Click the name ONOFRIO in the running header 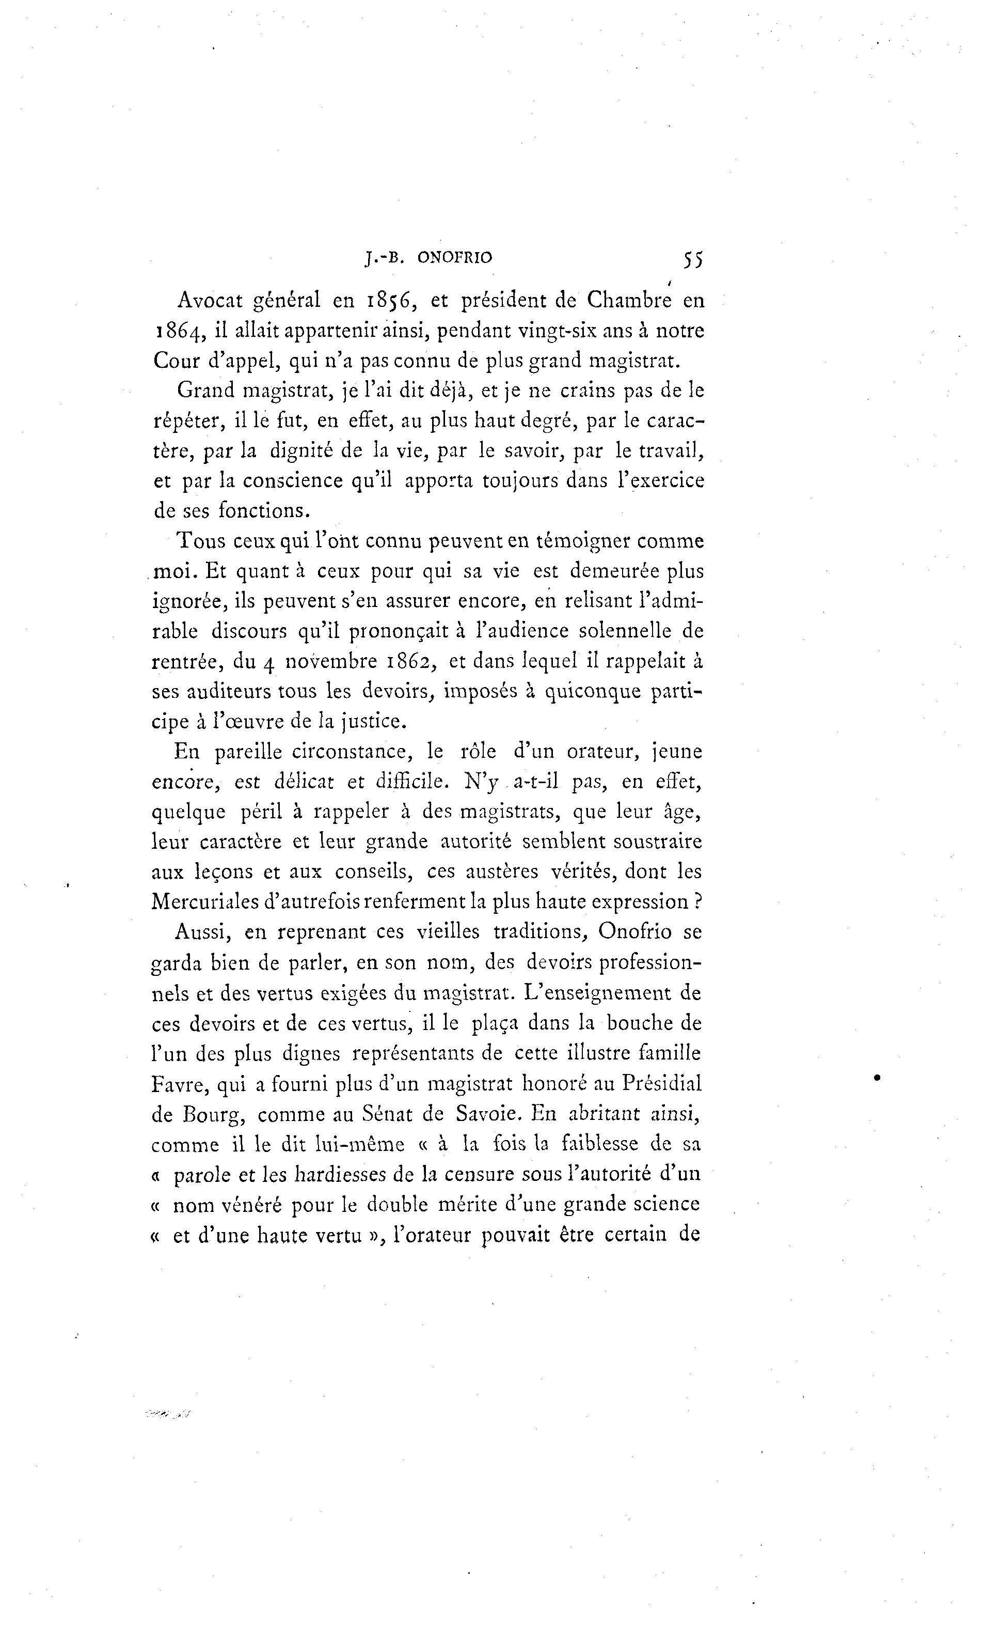(455, 258)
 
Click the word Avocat (211, 301)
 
